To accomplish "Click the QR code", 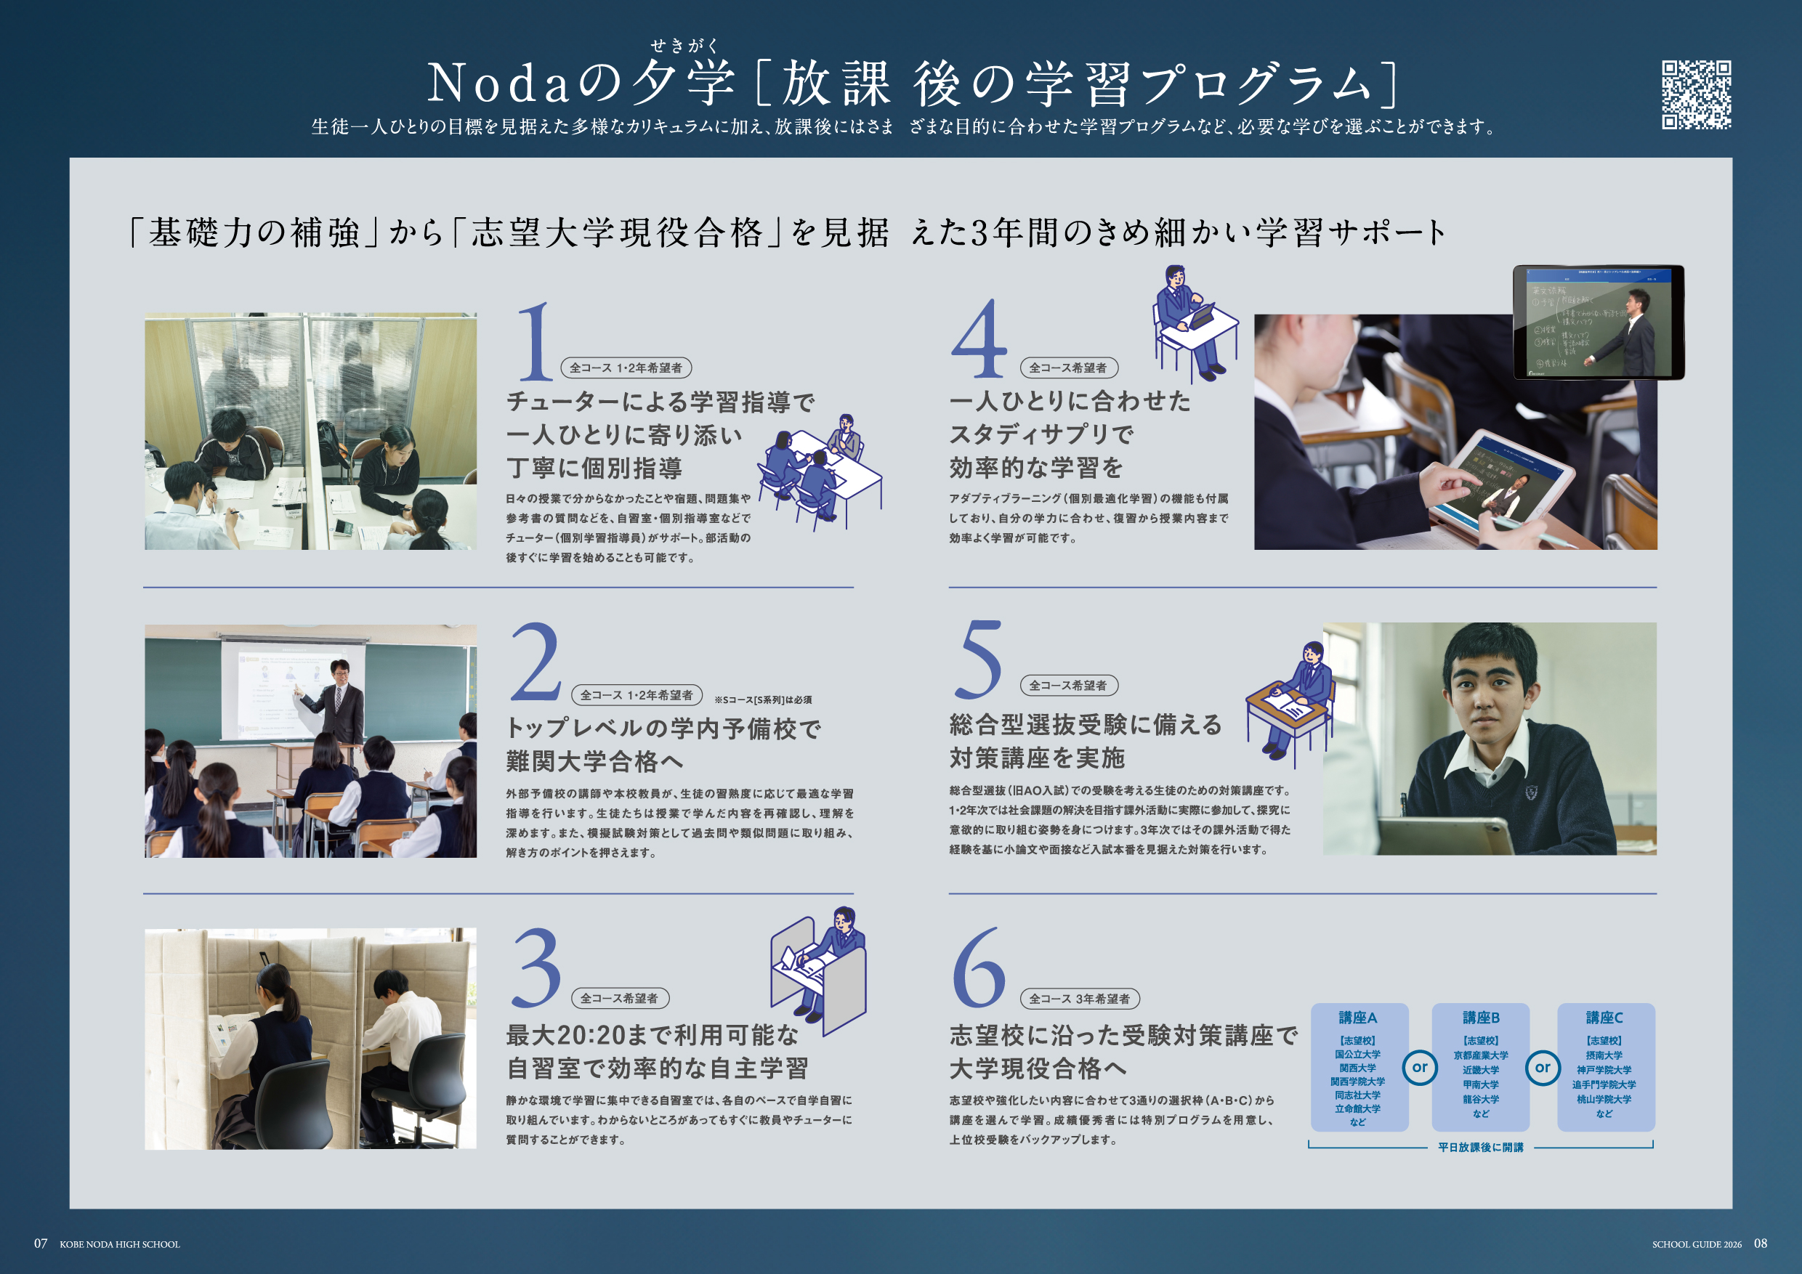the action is pyautogui.click(x=1696, y=95).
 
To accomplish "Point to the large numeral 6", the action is pyautogui.click(x=979, y=967).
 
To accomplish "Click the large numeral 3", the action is pyautogui.click(x=536, y=967).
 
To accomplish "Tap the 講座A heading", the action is pyautogui.click(x=1358, y=1018).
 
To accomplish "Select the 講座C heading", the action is pyautogui.click(x=1604, y=1018).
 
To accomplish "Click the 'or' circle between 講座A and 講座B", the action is pyautogui.click(x=1420, y=1068).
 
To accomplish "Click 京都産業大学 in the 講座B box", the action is pyautogui.click(x=1481, y=1056).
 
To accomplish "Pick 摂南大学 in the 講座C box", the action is pyautogui.click(x=1604, y=1056).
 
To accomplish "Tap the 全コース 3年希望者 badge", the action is pyautogui.click(x=1079, y=999).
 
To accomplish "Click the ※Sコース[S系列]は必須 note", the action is pyautogui.click(x=763, y=699).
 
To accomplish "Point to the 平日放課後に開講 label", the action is pyautogui.click(x=1481, y=1147).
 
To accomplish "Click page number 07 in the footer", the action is pyautogui.click(x=41, y=1243).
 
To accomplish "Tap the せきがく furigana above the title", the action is pyautogui.click(x=684, y=46).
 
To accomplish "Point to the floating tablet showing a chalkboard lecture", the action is pyautogui.click(x=1599, y=322).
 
